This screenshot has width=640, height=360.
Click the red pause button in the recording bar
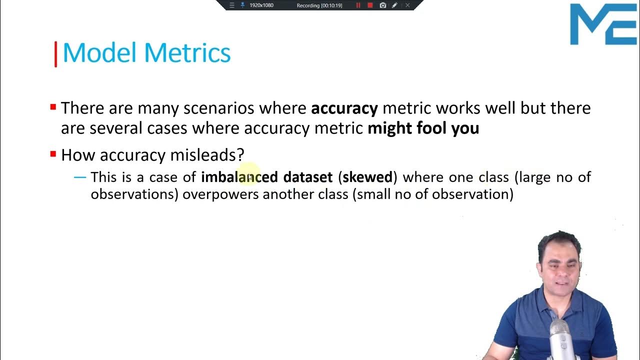(358, 5)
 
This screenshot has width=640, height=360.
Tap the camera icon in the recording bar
(382, 5)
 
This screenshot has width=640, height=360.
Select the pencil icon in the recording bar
(394, 5)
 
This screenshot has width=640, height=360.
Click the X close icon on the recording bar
(407, 5)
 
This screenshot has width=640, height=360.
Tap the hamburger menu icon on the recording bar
(231, 5)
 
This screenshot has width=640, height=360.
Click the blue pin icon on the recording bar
(242, 5)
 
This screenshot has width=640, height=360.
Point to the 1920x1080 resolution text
(261, 5)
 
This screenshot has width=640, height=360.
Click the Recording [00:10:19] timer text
(319, 5)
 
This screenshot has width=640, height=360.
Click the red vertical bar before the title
(55, 54)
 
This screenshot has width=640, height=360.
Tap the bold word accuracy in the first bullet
(344, 108)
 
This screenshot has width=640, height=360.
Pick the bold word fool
(431, 128)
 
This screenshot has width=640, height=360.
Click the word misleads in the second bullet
(206, 155)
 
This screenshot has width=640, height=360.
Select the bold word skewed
(367, 177)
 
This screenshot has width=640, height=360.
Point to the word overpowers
(220, 194)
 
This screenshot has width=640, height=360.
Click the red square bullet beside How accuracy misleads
(53, 154)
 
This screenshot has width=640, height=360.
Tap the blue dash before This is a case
(80, 177)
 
